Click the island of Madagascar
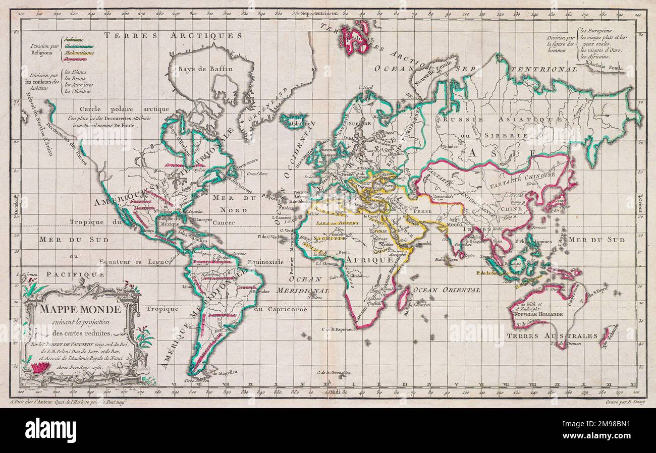coord(404,299)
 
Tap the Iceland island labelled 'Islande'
coord(294,121)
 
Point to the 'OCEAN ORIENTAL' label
coord(446,290)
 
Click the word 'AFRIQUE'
coord(369,260)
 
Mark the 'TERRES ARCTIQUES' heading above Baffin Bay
coord(173,35)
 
